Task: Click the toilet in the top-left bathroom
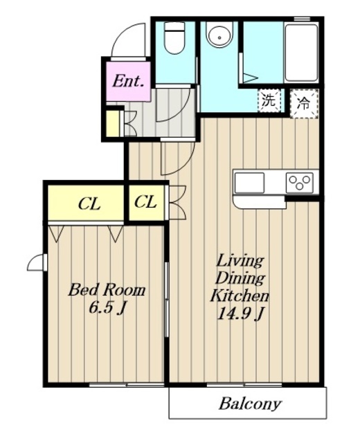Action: pyautogui.click(x=174, y=38)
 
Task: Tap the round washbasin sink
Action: pyautogui.click(x=219, y=33)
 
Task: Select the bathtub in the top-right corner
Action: pyautogui.click(x=301, y=53)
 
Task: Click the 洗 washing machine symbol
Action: pyautogui.click(x=269, y=100)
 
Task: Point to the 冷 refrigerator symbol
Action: pyautogui.click(x=304, y=103)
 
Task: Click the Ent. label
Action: pyautogui.click(x=127, y=82)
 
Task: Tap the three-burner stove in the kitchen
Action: pyautogui.click(x=300, y=183)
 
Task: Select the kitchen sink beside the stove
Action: pyautogui.click(x=249, y=183)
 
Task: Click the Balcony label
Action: pyautogui.click(x=250, y=404)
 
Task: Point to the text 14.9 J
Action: pyautogui.click(x=240, y=314)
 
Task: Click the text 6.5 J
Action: pyautogui.click(x=107, y=308)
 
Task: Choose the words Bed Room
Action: pyautogui.click(x=107, y=290)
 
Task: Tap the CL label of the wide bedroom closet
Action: pyautogui.click(x=89, y=204)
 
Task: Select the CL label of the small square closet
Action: pyautogui.click(x=145, y=202)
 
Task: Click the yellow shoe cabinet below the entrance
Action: pyautogui.click(x=112, y=123)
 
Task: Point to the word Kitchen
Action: pyautogui.click(x=239, y=296)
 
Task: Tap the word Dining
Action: pyautogui.click(x=240, y=278)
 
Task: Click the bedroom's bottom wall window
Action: pyautogui.click(x=126, y=385)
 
